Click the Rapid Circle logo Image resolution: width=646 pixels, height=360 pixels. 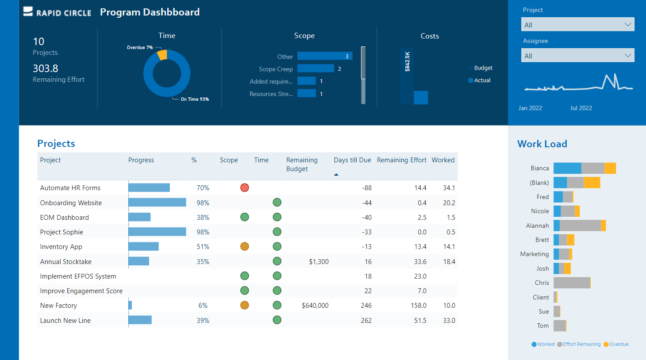point(57,12)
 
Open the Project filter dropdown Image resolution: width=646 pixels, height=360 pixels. point(577,25)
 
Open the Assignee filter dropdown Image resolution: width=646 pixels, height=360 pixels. point(577,56)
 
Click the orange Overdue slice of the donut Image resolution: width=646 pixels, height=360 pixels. point(162,55)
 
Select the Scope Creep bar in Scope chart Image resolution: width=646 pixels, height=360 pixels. point(315,69)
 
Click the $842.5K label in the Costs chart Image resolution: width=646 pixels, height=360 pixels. point(407,61)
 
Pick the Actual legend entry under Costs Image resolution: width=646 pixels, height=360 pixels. point(482,80)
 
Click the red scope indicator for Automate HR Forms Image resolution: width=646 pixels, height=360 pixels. point(244,188)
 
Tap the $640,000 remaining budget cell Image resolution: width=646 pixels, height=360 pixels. point(315,306)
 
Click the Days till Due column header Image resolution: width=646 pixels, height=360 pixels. point(352,160)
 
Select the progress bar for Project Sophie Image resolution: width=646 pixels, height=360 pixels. point(157,232)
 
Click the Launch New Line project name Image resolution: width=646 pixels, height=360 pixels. point(65,321)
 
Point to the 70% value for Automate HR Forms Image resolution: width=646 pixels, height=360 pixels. point(203,188)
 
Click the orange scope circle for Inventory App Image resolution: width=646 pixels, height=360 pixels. point(244,247)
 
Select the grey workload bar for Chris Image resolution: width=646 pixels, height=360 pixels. point(571,283)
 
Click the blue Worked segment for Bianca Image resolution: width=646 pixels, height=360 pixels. point(567,169)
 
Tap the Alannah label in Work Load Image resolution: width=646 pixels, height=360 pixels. point(537,226)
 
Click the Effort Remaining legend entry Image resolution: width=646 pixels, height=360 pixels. point(581,345)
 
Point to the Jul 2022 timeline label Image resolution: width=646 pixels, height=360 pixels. point(581,108)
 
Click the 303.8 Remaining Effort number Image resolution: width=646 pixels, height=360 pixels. point(46,69)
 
